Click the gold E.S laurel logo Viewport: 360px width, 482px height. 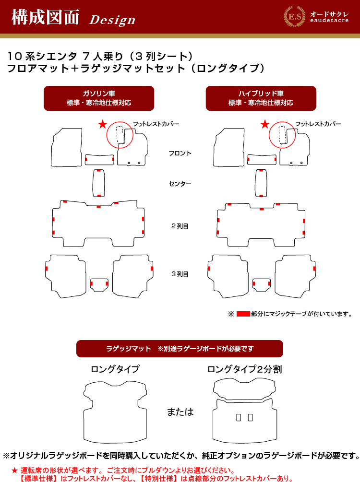294,17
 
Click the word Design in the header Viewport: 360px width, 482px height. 112,20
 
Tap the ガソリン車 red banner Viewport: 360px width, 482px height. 99,98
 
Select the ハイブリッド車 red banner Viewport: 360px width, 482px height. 261,98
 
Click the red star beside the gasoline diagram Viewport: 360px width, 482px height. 102,125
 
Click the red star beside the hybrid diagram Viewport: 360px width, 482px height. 265,125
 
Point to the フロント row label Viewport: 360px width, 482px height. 180,153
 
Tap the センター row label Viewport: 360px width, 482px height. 180,184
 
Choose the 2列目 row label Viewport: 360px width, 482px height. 180,226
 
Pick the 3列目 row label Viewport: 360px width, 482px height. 180,274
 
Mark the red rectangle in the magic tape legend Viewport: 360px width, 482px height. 243,314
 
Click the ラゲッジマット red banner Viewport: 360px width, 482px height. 180,349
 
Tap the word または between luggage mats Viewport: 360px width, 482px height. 180,411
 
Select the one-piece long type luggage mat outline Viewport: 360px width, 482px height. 84,424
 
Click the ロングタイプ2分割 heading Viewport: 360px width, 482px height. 245,369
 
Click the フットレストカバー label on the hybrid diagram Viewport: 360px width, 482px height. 318,124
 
